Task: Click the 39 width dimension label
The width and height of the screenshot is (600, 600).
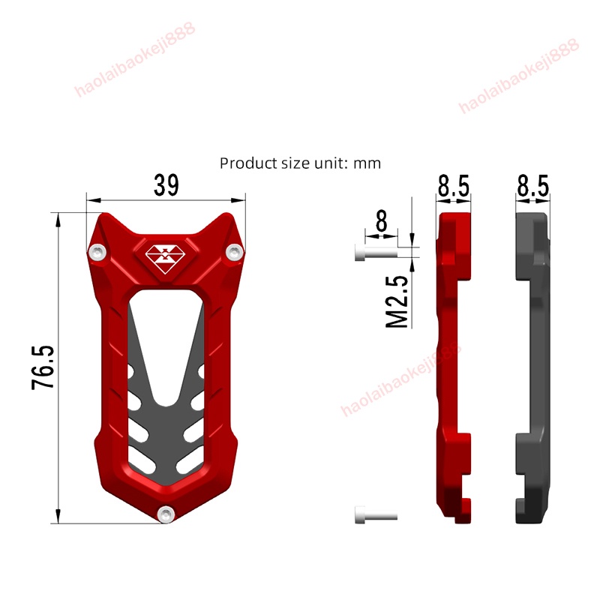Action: pyautogui.click(x=166, y=184)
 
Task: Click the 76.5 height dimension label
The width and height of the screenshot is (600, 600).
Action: pyautogui.click(x=43, y=367)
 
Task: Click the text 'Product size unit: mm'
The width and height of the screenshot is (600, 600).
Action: pyautogui.click(x=300, y=163)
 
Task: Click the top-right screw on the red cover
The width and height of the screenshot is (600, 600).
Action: pyautogui.click(x=234, y=251)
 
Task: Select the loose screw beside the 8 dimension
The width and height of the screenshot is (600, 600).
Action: pyautogui.click(x=373, y=253)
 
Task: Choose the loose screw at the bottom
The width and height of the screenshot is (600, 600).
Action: pyautogui.click(x=373, y=516)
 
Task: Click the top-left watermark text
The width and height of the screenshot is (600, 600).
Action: pyautogui.click(x=135, y=60)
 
